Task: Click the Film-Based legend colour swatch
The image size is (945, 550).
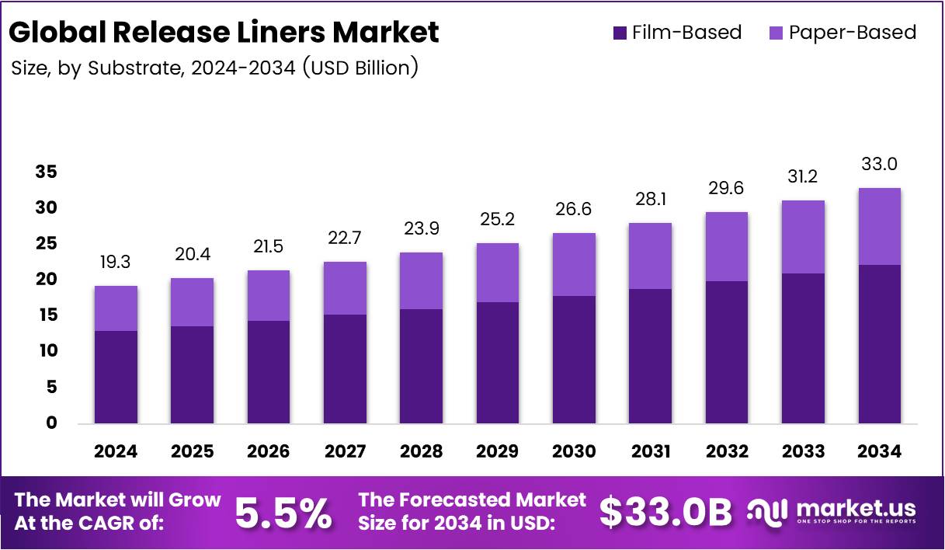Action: pyautogui.click(x=619, y=33)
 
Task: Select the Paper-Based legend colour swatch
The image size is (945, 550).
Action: pyautogui.click(x=775, y=33)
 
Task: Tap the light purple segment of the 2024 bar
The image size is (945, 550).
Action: pyautogui.click(x=116, y=308)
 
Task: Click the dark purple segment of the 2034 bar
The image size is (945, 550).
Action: pyautogui.click(x=880, y=344)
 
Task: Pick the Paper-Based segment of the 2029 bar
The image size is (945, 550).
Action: pyautogui.click(x=497, y=273)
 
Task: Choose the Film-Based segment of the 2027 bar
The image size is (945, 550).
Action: pyautogui.click(x=345, y=369)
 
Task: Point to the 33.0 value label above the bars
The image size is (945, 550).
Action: pyautogui.click(x=880, y=164)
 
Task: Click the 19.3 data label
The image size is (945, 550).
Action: pyautogui.click(x=116, y=262)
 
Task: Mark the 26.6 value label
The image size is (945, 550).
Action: pyautogui.click(x=573, y=210)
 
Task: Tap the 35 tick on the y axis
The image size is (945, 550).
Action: pyautogui.click(x=46, y=172)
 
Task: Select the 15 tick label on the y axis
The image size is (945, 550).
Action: pyautogui.click(x=46, y=315)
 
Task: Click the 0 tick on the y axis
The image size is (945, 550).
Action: pyautogui.click(x=51, y=423)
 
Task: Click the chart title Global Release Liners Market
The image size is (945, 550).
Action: pyautogui.click(x=224, y=33)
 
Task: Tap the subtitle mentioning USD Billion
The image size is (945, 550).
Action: pyautogui.click(x=215, y=68)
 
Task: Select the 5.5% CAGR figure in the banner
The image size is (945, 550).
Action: pyautogui.click(x=283, y=513)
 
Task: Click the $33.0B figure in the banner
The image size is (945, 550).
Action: pyautogui.click(x=666, y=513)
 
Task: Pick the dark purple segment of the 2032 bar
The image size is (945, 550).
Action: pyautogui.click(x=726, y=352)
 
